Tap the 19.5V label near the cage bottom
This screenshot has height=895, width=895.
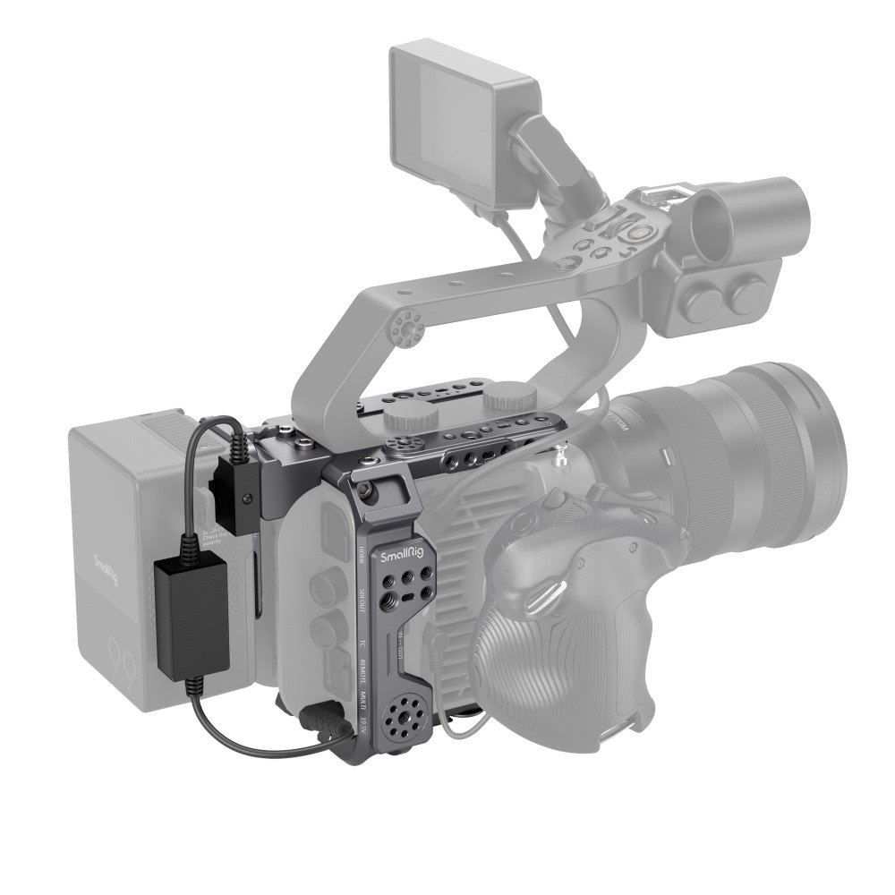[362, 728]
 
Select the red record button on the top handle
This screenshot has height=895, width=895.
[640, 232]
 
